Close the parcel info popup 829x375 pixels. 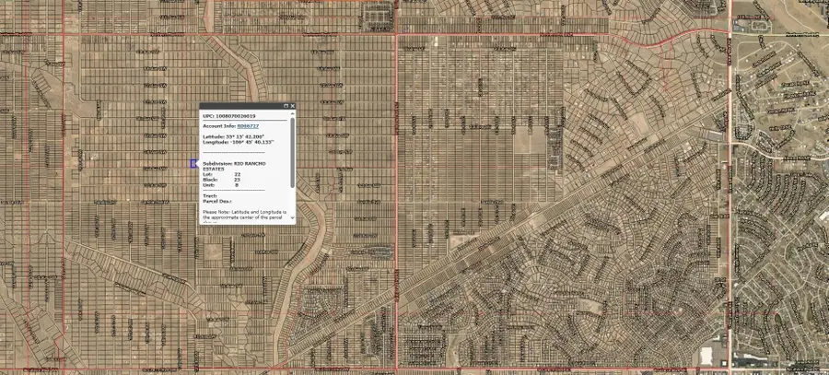(293, 106)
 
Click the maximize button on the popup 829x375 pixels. (286, 106)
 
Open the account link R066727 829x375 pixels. (247, 125)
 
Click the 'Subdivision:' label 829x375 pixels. (216, 163)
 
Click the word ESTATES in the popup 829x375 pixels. (213, 169)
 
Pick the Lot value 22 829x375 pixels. (237, 174)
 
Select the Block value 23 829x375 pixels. (237, 180)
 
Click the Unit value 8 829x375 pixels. (236, 185)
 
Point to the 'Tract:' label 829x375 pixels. (208, 195)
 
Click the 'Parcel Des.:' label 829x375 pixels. (217, 201)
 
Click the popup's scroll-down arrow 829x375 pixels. (293, 219)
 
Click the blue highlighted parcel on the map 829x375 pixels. (193, 163)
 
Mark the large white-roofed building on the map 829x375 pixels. (709, 354)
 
